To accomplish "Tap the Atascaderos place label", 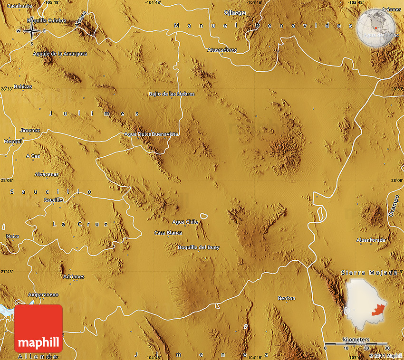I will (222, 50).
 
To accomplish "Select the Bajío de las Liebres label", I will (172, 94).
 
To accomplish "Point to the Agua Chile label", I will (185, 222).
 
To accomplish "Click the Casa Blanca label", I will (168, 233).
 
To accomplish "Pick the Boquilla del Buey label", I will (198, 247).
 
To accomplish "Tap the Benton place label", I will (286, 298).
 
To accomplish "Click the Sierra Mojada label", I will (369, 273).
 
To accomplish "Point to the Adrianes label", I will (73, 276).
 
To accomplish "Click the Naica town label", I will (13, 236).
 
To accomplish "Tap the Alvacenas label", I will (47, 174).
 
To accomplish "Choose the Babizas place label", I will (23, 86).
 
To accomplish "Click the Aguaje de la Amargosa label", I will (60, 54).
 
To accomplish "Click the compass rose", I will (32, 31).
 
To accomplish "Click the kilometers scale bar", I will (356, 342).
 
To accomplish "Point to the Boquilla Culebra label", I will (47, 21).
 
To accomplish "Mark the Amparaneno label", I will (43, 294).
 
